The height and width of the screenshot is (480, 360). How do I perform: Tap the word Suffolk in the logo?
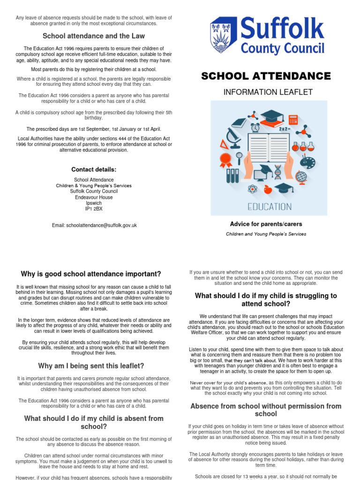(x=282, y=29)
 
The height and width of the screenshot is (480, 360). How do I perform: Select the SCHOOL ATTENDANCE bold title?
(x=266, y=76)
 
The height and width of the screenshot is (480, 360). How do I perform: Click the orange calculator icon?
(x=293, y=120)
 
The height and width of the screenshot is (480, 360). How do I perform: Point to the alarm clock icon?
(x=255, y=127)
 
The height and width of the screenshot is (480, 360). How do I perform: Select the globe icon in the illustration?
(x=301, y=177)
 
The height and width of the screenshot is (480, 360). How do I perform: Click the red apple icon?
(x=268, y=189)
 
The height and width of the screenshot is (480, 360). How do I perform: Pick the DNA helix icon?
(x=278, y=172)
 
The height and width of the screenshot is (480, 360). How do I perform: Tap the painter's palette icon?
(x=307, y=160)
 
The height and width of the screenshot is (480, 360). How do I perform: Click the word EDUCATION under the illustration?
(x=269, y=206)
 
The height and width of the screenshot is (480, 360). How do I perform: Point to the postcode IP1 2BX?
(x=94, y=209)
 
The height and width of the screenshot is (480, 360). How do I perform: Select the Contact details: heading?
(x=94, y=169)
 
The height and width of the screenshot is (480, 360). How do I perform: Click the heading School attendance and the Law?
(x=94, y=36)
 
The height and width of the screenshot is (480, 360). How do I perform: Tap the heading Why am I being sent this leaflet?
(x=91, y=366)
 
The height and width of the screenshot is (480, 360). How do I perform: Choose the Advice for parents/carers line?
(x=266, y=224)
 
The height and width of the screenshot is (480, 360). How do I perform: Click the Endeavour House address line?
(x=94, y=197)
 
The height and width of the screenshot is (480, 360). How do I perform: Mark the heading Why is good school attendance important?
(x=91, y=274)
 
